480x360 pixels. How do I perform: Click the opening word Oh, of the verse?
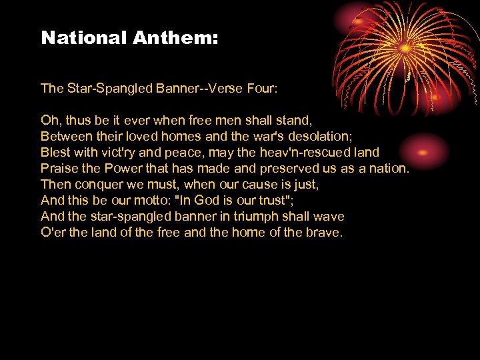coord(50,121)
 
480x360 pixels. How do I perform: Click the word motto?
coord(150,201)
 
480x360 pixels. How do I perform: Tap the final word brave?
coord(324,233)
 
